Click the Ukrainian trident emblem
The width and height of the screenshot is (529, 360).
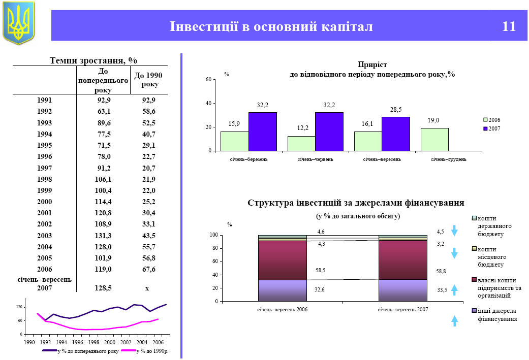19,22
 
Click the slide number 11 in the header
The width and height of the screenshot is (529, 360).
509,26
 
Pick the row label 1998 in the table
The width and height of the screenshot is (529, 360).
45,179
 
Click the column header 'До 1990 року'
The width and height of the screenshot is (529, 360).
147,80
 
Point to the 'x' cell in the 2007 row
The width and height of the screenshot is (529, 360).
147,288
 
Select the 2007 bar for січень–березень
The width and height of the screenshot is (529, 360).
262,132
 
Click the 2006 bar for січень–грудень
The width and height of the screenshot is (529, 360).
434,139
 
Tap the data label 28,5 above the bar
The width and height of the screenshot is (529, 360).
396,110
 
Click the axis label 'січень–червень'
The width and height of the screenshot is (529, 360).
315,159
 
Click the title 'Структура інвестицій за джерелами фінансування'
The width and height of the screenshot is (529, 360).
356,203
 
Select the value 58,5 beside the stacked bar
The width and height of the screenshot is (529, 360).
321,271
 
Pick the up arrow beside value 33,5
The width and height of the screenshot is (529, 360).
455,289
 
